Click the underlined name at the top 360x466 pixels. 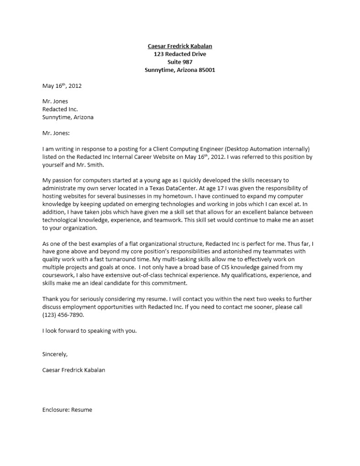180,46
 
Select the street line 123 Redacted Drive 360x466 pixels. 180,54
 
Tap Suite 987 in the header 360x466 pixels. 180,62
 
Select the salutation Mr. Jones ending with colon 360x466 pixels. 56,133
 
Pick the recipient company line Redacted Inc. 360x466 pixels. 60,109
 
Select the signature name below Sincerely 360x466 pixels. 74,370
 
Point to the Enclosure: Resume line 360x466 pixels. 67,410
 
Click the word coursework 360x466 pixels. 58,275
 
